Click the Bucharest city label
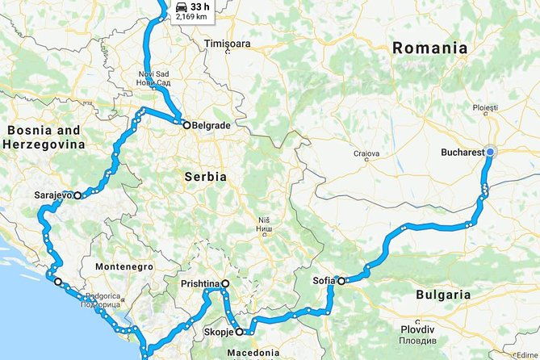coord(463,152)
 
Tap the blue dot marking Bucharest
coord(491,152)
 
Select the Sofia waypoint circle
coord(341,281)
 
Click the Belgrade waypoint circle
coord(186,125)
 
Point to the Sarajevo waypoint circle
coord(77,195)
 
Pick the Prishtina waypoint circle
coord(225,283)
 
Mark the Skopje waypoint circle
coord(240,332)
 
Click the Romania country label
coord(429,48)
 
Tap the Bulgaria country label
coord(442,295)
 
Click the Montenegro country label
coord(124,266)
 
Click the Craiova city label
coord(366,153)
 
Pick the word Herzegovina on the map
coord(44,144)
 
